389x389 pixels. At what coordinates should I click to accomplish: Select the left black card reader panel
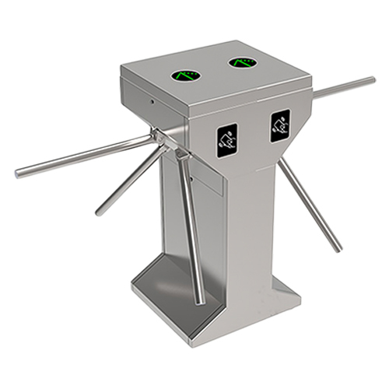(228, 138)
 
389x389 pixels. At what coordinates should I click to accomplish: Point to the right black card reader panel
(280, 124)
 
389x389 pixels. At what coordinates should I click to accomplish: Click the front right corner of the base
(299, 295)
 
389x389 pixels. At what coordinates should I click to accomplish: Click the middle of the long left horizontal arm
(86, 156)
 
